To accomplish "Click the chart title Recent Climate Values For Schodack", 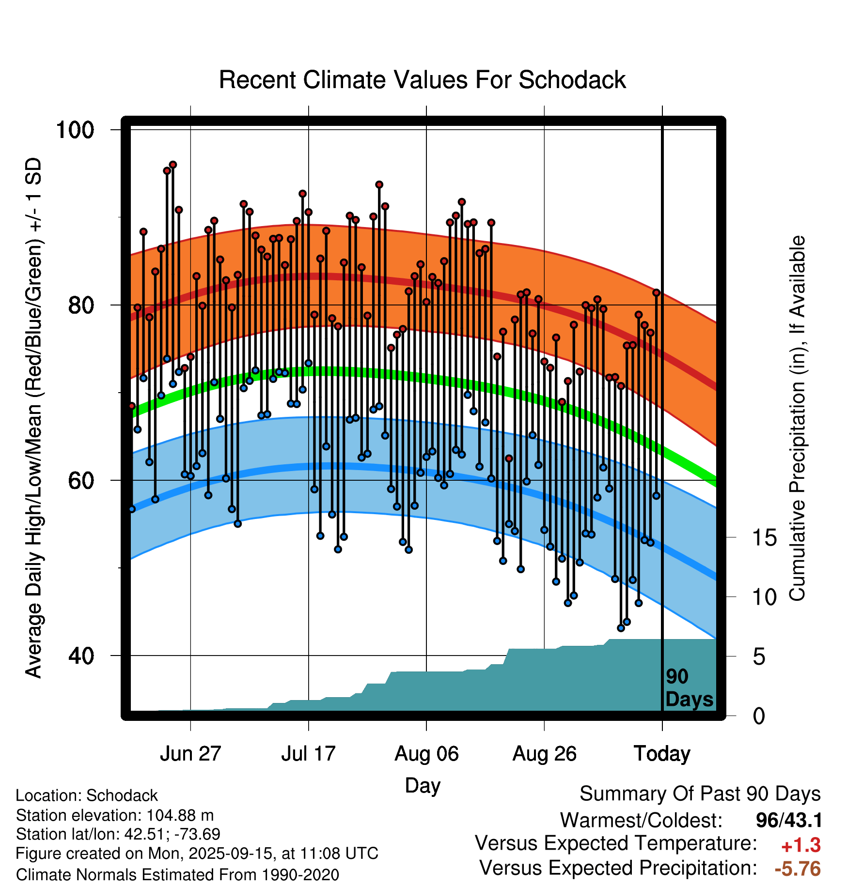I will point(422,80).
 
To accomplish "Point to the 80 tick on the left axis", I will point(81,305).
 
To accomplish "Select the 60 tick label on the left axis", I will point(81,480).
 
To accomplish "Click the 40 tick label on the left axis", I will point(81,656).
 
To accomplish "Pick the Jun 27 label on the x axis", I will point(190,754).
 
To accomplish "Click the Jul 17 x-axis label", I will point(308,754).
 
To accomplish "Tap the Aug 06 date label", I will point(426,754).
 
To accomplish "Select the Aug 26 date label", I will point(544,754).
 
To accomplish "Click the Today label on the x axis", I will point(662,754).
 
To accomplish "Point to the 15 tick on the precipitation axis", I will point(764,537).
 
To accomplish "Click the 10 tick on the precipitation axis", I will point(764,597).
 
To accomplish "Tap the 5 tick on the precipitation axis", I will point(759,656).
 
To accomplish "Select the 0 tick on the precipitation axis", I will point(759,716).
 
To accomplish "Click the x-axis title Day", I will point(423,785).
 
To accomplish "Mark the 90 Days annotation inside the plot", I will point(689,688).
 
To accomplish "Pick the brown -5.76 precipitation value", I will point(798,869).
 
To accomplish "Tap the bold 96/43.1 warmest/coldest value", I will point(789,820).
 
